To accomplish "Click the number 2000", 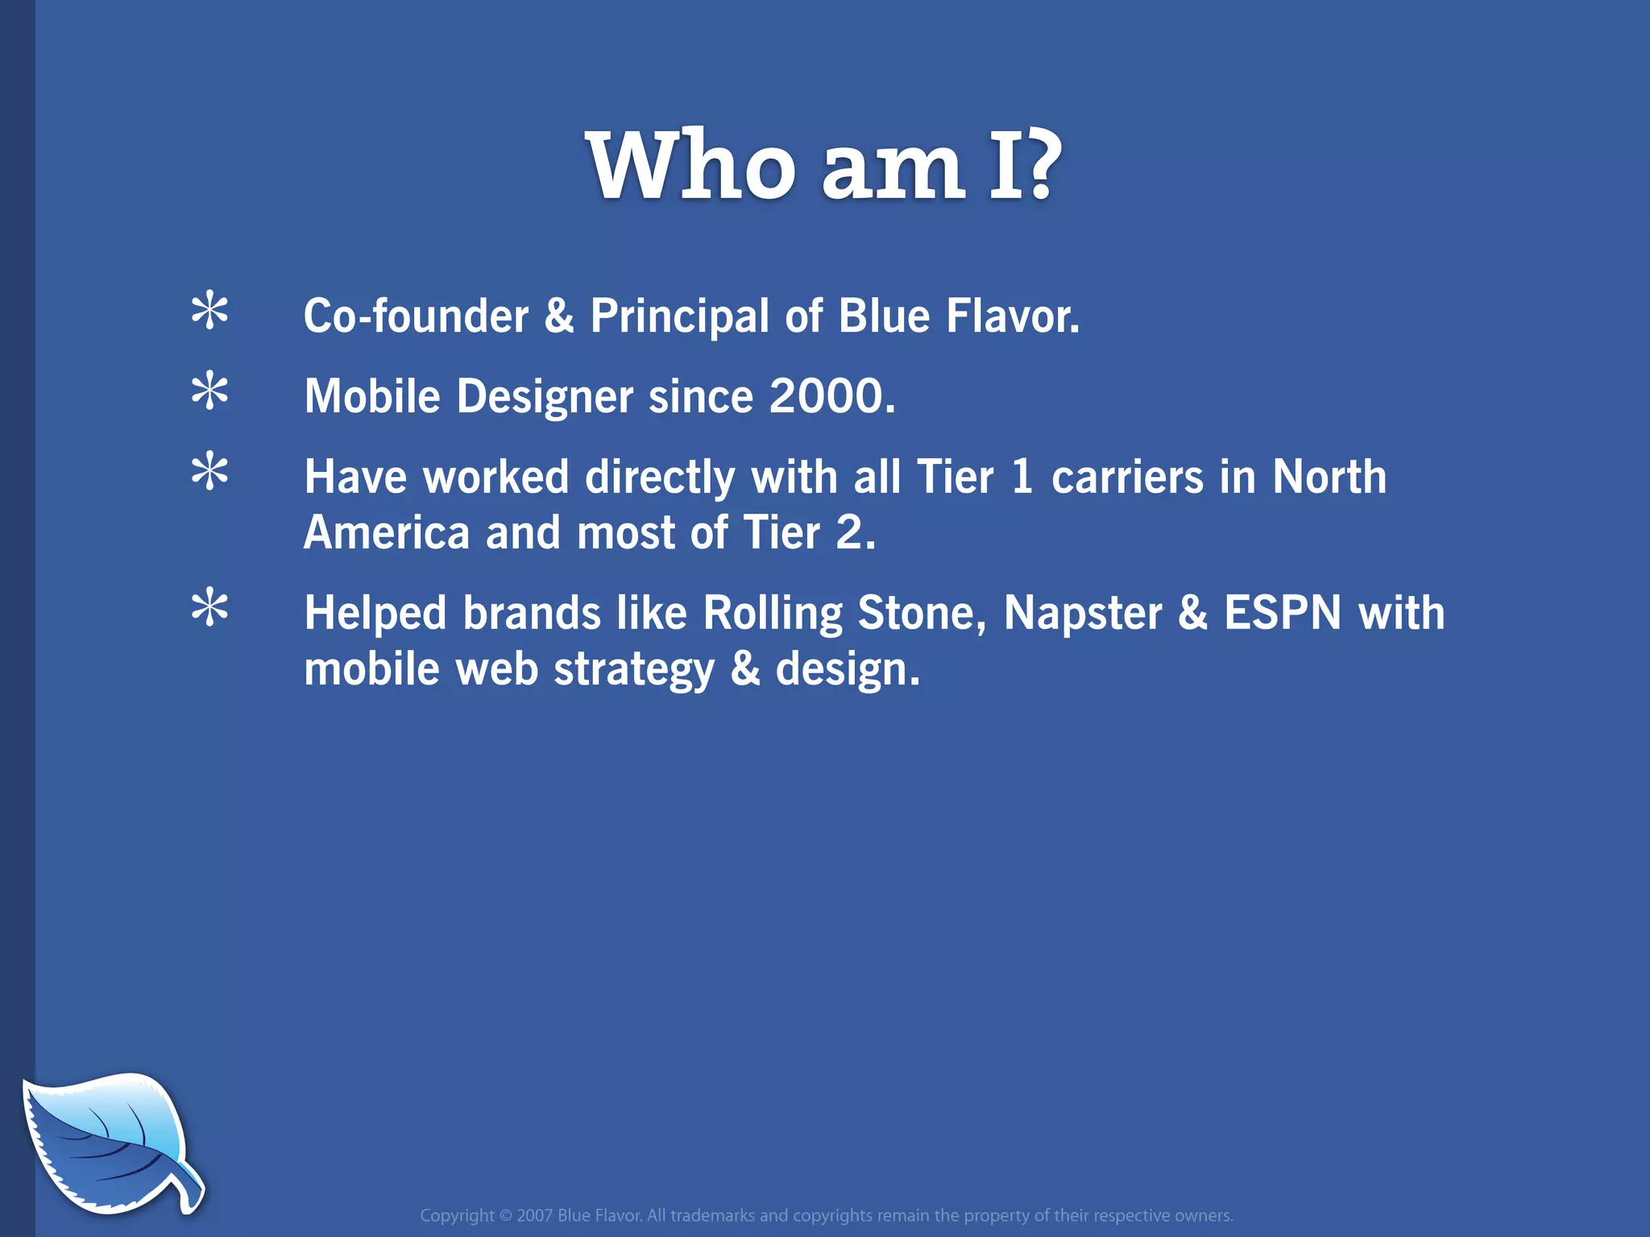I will (831, 396).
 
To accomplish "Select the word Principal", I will (679, 316).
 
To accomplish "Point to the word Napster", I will (1082, 613).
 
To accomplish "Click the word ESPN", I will (1283, 613).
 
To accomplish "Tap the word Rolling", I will (773, 613).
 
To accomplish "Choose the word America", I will (387, 533).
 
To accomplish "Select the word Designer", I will (545, 398).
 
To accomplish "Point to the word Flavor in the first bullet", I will (1012, 316).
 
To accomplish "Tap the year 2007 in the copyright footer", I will (534, 1215).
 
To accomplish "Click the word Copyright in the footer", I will (457, 1216).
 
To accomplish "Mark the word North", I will (1329, 477).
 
